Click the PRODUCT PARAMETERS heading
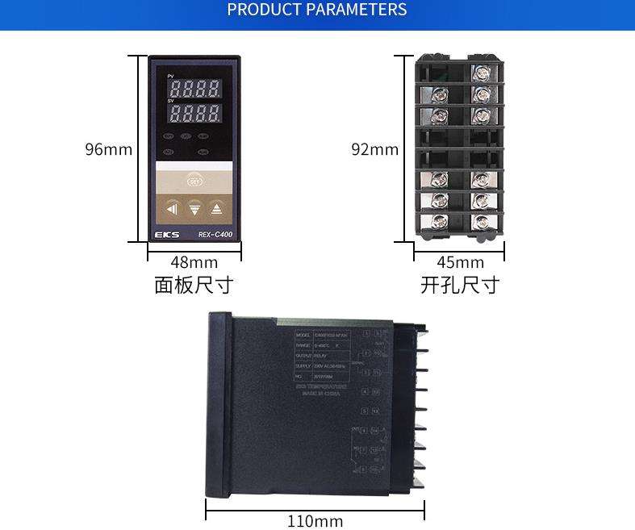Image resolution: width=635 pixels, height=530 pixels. [317, 10]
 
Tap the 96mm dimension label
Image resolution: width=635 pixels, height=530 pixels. [108, 149]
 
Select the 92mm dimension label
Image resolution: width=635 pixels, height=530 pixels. [374, 149]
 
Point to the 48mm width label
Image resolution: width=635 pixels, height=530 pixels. [194, 262]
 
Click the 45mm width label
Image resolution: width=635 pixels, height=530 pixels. [460, 262]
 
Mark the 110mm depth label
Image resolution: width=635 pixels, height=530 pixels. [315, 521]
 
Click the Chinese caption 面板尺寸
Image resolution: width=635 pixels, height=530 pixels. [194, 285]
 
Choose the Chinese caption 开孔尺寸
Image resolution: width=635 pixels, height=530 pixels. [460, 285]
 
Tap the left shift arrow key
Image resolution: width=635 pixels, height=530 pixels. [172, 210]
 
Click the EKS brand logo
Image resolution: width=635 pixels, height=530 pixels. [165, 235]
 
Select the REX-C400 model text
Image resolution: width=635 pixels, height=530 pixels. [215, 235]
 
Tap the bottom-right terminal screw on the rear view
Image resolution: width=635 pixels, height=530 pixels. [481, 220]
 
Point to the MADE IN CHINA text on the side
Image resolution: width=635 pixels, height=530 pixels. [322, 394]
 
